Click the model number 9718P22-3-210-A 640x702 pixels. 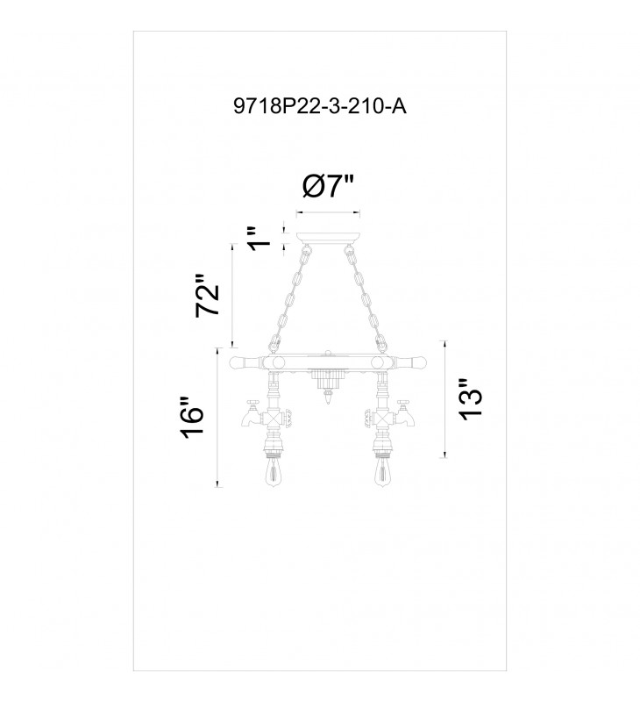point(320,107)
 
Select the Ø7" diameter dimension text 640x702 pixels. point(328,186)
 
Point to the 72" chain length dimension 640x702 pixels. point(208,296)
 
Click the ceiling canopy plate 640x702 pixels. point(328,238)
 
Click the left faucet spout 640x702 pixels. point(249,419)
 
